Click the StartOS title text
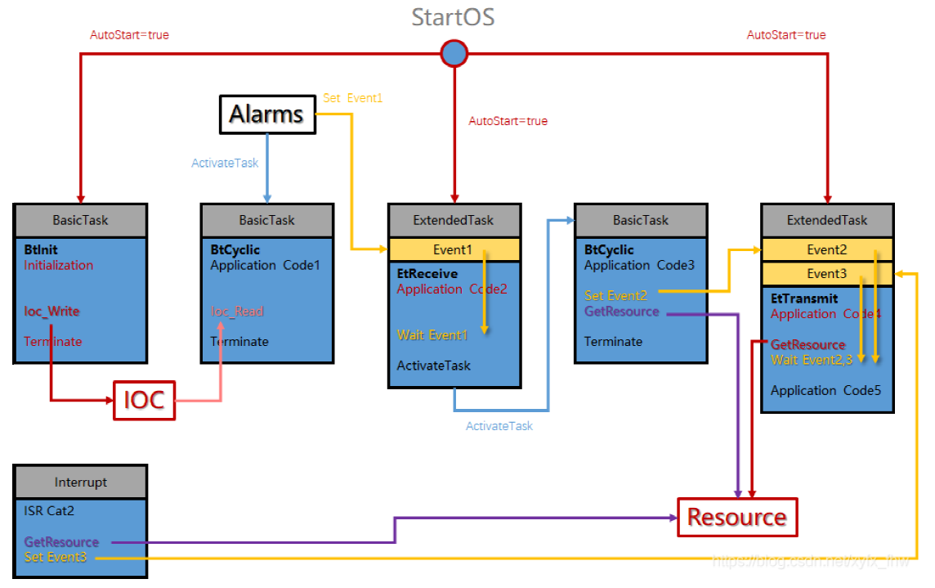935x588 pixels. click(453, 16)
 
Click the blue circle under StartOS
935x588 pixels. click(454, 54)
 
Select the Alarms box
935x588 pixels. click(266, 114)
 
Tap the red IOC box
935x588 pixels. click(144, 400)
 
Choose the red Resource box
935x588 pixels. click(736, 517)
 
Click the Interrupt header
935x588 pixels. click(80, 482)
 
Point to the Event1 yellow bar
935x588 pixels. click(454, 249)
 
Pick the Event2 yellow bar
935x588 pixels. click(826, 249)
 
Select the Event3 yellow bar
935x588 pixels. click(826, 274)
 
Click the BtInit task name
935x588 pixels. click(41, 250)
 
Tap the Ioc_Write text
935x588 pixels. click(51, 312)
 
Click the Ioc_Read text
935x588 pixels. click(237, 312)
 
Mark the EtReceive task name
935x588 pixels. click(427, 274)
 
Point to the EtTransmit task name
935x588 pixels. click(804, 299)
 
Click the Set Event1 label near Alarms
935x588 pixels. click(352, 98)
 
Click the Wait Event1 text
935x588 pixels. click(432, 334)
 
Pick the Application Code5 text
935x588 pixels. click(825, 390)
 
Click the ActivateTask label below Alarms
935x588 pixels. click(225, 163)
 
